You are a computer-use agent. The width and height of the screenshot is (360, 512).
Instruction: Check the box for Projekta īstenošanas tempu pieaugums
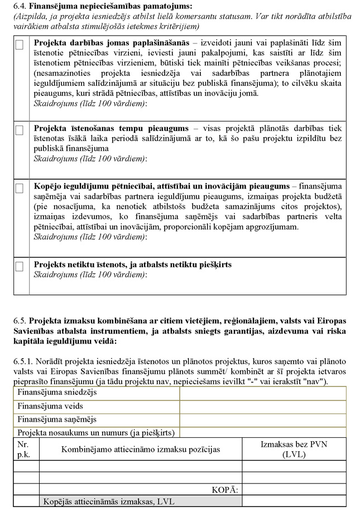pyautogui.click(x=19, y=130)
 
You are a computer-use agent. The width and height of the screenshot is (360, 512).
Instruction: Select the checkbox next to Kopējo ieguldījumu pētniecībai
pyautogui.click(x=19, y=189)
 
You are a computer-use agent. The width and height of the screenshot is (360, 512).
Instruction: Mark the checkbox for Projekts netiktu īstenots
pyautogui.click(x=19, y=267)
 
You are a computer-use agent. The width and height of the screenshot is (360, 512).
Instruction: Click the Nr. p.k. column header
pyautogui.click(x=25, y=449)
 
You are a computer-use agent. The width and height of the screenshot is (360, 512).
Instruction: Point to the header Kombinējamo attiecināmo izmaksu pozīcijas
pyautogui.click(x=140, y=449)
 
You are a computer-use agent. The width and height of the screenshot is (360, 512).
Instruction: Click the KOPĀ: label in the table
pyautogui.click(x=225, y=490)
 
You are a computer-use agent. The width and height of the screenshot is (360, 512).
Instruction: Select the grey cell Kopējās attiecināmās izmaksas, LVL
pyautogui.click(x=109, y=501)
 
